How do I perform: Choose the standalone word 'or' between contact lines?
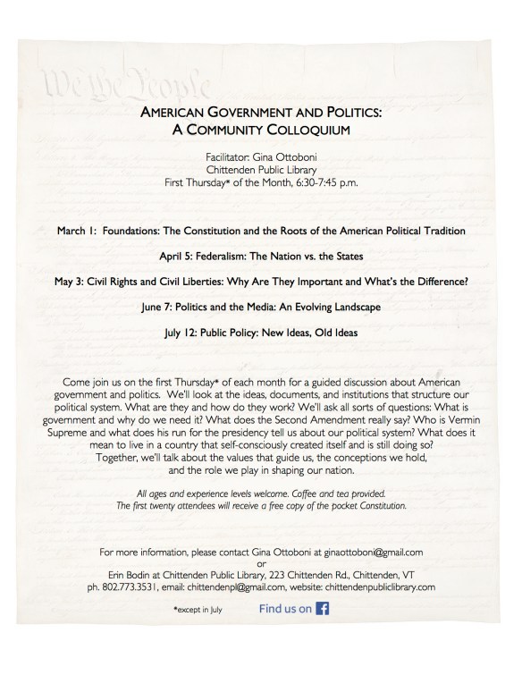261,563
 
